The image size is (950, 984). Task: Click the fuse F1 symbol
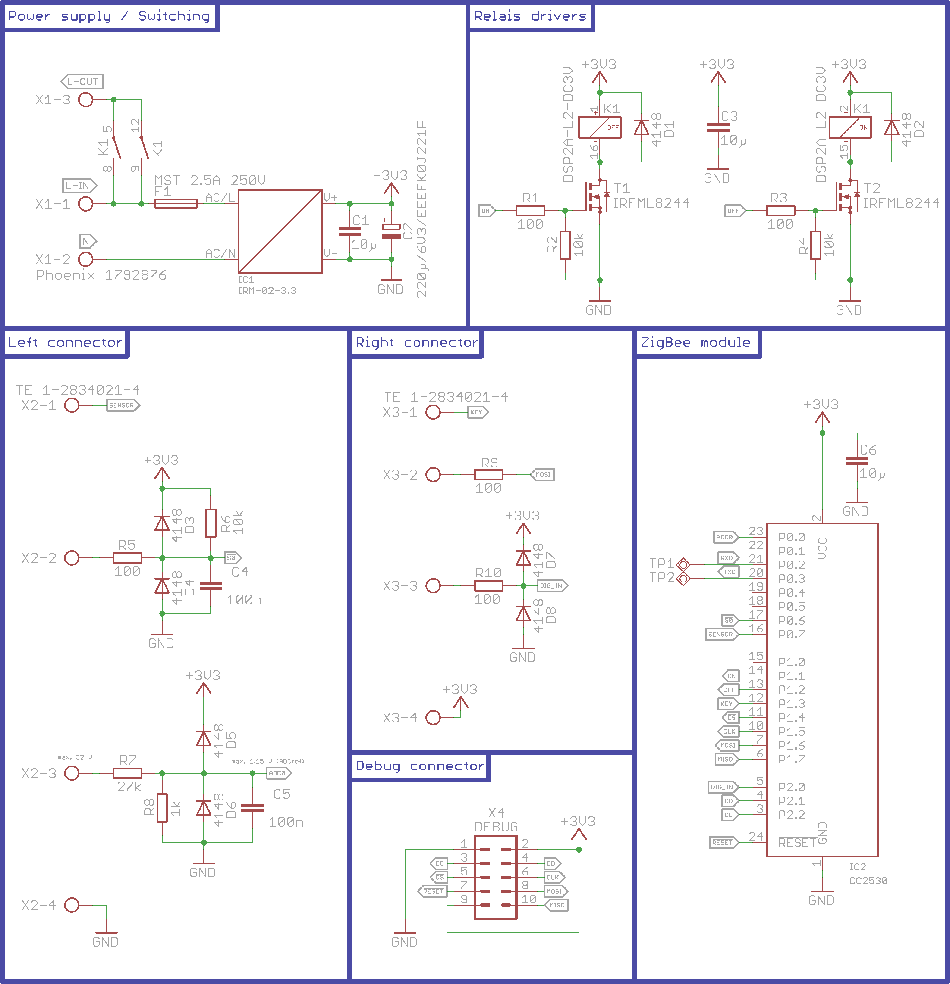(x=176, y=203)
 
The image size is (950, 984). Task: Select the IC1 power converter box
(x=280, y=231)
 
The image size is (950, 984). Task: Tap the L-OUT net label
(x=82, y=81)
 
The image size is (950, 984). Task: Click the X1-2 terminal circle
(x=86, y=259)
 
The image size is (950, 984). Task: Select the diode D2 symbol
(x=892, y=128)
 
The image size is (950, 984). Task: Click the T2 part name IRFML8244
(x=901, y=203)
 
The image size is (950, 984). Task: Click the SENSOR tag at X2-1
(x=122, y=405)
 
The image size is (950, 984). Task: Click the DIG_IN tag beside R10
(x=552, y=585)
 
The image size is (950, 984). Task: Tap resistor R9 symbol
(x=488, y=474)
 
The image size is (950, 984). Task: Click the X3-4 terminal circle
(x=433, y=717)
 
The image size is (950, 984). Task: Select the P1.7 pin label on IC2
(x=791, y=759)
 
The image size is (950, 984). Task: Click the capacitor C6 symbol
(x=857, y=461)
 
